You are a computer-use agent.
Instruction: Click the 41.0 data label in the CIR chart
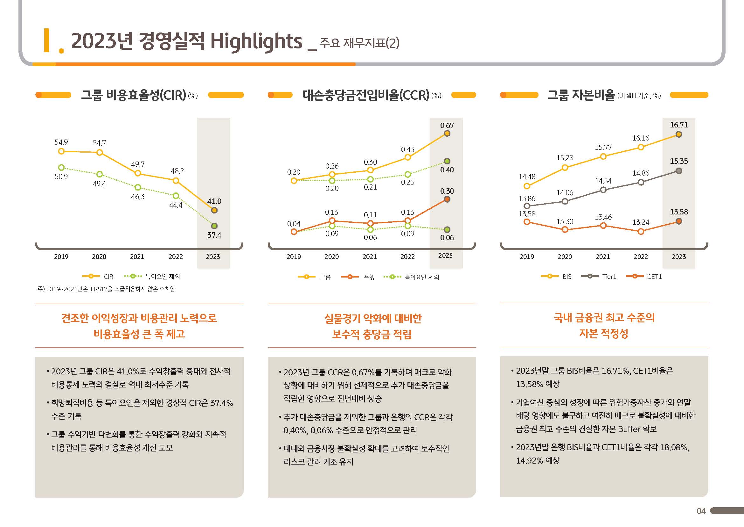tap(214, 201)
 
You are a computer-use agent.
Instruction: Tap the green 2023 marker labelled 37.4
tap(214, 226)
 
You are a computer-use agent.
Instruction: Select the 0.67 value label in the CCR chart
tap(447, 125)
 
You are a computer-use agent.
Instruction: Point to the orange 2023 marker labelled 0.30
tap(447, 199)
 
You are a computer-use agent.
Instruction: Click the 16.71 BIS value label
tap(679, 125)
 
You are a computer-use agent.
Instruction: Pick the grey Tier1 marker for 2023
tap(679, 171)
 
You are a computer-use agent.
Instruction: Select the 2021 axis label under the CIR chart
tap(137, 257)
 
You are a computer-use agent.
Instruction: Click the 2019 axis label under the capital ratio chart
tap(527, 257)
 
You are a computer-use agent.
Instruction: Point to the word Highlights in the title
tap(256, 41)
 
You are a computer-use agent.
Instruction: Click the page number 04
tap(701, 511)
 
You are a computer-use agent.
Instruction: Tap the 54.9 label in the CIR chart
tap(61, 142)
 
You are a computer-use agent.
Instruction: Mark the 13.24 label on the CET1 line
tap(641, 222)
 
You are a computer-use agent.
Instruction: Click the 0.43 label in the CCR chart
tap(407, 150)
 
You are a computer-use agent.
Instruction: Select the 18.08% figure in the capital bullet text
tap(674, 447)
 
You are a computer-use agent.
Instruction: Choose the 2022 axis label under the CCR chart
tap(407, 257)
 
